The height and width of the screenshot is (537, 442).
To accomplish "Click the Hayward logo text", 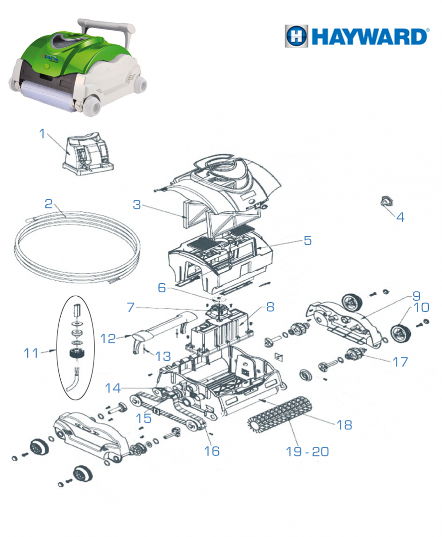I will point(370,36).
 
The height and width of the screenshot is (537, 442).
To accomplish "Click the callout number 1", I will point(43,134).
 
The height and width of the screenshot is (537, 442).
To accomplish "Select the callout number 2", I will point(49,204).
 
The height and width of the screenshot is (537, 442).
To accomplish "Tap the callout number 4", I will point(400,217).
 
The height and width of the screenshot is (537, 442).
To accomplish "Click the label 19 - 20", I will point(307,451).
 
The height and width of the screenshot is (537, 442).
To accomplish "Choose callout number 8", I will point(270,307).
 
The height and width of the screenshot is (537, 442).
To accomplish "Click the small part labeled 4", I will point(386,202).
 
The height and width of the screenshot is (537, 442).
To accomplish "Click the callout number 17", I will point(400,362).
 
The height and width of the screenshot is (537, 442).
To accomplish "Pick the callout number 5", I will point(307,240).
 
